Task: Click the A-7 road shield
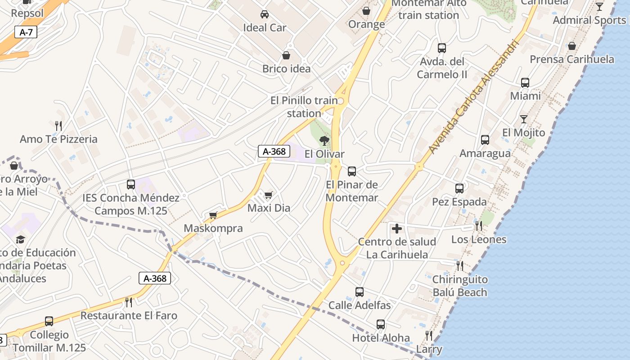[x=26, y=32]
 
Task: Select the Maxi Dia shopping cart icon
[x=269, y=195]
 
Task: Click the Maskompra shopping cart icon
[x=213, y=215]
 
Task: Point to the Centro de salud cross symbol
[x=397, y=229]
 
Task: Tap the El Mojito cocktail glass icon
[x=524, y=119]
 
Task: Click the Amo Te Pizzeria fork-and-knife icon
[x=58, y=126]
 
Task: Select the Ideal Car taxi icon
[x=265, y=14]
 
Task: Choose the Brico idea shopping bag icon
[x=286, y=55]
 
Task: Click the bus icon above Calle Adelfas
[x=360, y=292]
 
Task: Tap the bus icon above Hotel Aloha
[x=381, y=324]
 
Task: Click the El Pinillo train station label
[x=304, y=107]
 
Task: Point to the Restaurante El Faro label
[x=129, y=315]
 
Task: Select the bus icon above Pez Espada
[x=459, y=189]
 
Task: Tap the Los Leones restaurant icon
[x=479, y=226]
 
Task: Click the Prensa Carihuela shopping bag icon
[x=572, y=46]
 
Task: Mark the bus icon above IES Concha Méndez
[x=131, y=184]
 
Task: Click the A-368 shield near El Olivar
[x=273, y=152]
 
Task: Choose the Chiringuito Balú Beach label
[x=460, y=286]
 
